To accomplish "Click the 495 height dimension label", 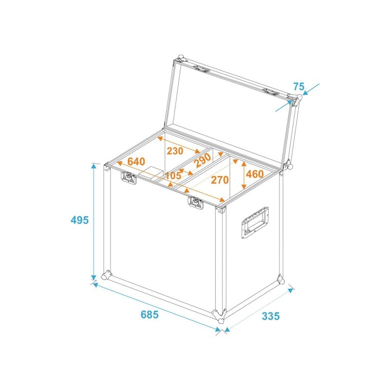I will tap(80, 220).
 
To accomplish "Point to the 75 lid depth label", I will tap(298, 86).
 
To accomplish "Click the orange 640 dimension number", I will tap(136, 161).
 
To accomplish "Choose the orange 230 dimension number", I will tap(174, 151).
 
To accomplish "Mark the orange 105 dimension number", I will tap(173, 175).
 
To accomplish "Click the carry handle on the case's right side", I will tap(254, 222).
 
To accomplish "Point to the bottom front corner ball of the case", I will tap(220, 316).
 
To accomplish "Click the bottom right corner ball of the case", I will tap(281, 280).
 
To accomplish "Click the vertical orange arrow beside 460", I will tap(243, 174).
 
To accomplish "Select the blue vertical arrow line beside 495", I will tap(94, 222).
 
